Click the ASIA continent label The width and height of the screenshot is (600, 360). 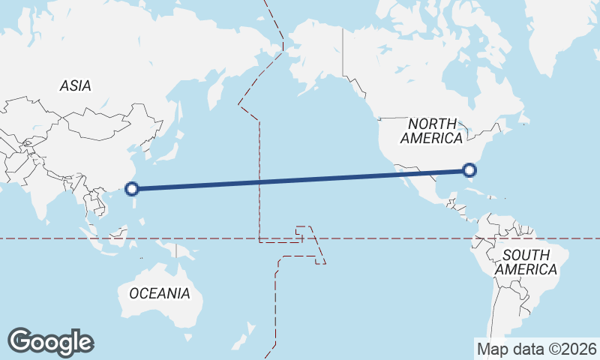(75, 86)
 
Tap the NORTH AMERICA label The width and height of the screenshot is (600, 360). (432, 130)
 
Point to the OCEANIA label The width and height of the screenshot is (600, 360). (160, 293)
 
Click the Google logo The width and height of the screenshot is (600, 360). (50, 341)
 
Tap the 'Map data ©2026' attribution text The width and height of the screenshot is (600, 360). (536, 349)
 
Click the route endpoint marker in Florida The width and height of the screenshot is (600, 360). (470, 170)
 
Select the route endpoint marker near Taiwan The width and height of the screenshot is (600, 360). (132, 189)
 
